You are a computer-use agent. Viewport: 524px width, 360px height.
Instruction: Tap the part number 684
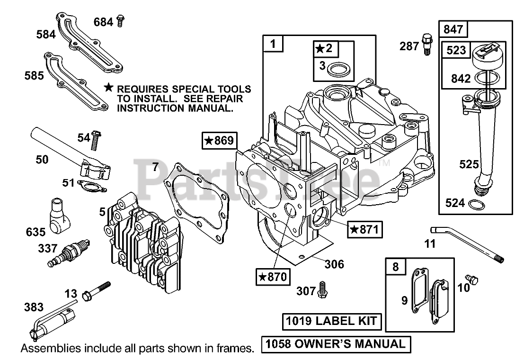tap(103, 21)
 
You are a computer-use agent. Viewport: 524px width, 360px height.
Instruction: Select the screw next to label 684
tap(120, 20)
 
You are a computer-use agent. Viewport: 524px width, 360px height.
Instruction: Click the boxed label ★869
tap(219, 141)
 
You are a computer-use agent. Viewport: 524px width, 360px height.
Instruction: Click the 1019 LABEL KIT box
tap(332, 322)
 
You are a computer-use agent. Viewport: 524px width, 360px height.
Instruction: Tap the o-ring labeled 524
tap(476, 204)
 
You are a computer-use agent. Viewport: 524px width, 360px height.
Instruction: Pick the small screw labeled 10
tap(471, 279)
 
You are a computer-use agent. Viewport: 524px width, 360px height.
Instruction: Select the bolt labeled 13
tap(97, 291)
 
